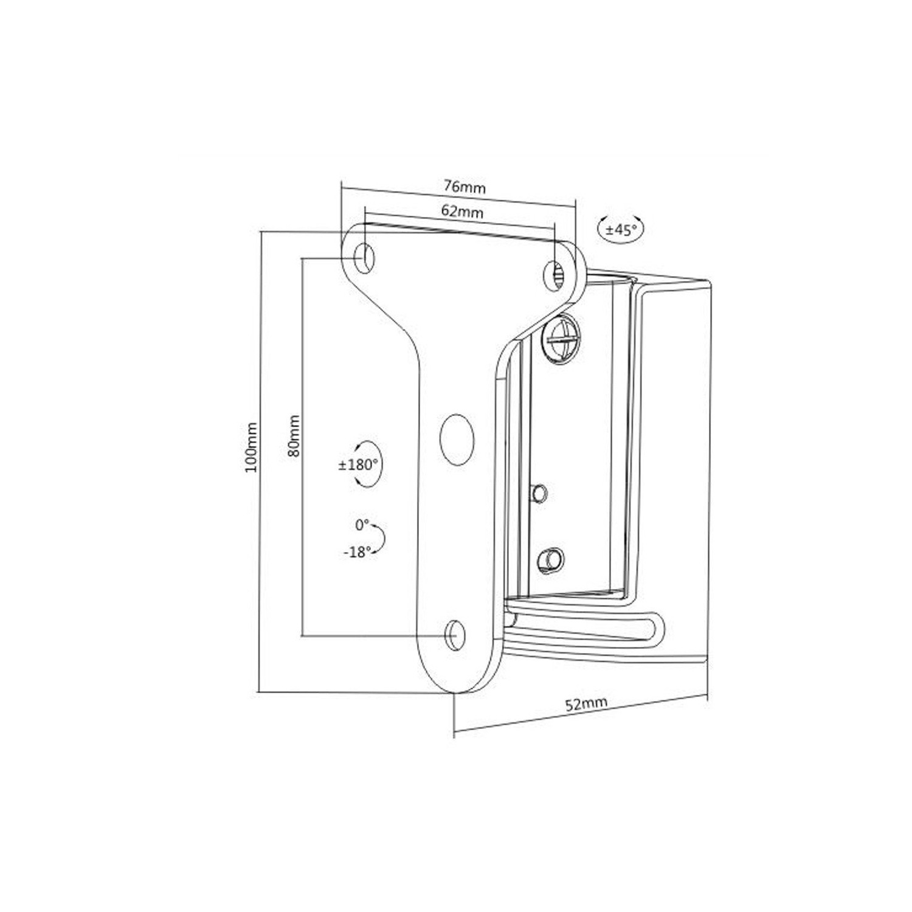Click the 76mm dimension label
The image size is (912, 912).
click(465, 187)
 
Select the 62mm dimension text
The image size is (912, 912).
click(462, 211)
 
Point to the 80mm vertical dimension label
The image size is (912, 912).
click(294, 436)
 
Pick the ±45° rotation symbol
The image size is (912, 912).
click(620, 230)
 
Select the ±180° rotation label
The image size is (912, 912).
click(359, 465)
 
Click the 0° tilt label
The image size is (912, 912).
click(362, 524)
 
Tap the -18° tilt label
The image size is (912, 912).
click(357, 553)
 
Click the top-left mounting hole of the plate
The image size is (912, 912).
click(364, 257)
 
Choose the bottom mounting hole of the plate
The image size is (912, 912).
click(455, 635)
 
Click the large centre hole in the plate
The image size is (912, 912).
click(457, 440)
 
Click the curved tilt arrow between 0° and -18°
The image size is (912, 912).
click(381, 538)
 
